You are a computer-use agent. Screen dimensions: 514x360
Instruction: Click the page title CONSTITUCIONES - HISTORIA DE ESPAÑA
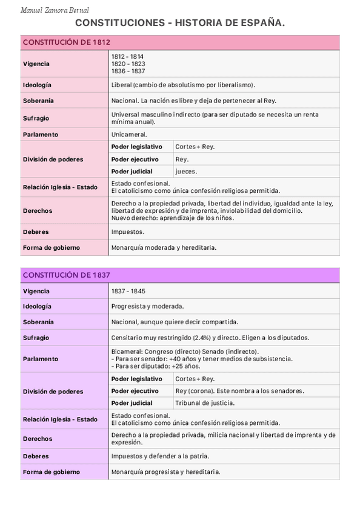pos(179,23)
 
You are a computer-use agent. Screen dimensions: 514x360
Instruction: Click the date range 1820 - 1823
pos(128,64)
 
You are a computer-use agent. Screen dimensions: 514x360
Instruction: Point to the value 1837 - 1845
pos(128,291)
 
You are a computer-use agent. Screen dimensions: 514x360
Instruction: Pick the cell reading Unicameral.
pos(129,135)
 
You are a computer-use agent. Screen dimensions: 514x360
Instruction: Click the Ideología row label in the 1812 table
pos(37,85)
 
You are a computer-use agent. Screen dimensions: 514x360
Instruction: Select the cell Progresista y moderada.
pos(148,307)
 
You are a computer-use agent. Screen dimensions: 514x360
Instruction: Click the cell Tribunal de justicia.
pos(205,403)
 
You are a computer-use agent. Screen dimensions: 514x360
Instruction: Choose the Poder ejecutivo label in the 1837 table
pos(135,391)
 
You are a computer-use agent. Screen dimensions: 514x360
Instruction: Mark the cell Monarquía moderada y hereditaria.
pos(164,247)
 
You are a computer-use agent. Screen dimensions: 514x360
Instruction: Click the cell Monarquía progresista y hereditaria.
pos(165,472)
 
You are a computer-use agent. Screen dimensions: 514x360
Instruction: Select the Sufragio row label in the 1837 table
pos(36,338)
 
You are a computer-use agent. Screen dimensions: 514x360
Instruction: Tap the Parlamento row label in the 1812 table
pos(41,135)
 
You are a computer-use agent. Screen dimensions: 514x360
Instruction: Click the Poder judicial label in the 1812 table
pos(132,172)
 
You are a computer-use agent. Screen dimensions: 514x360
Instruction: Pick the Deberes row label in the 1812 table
pos(36,232)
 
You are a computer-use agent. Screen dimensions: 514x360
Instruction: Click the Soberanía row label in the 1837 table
pos(38,322)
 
